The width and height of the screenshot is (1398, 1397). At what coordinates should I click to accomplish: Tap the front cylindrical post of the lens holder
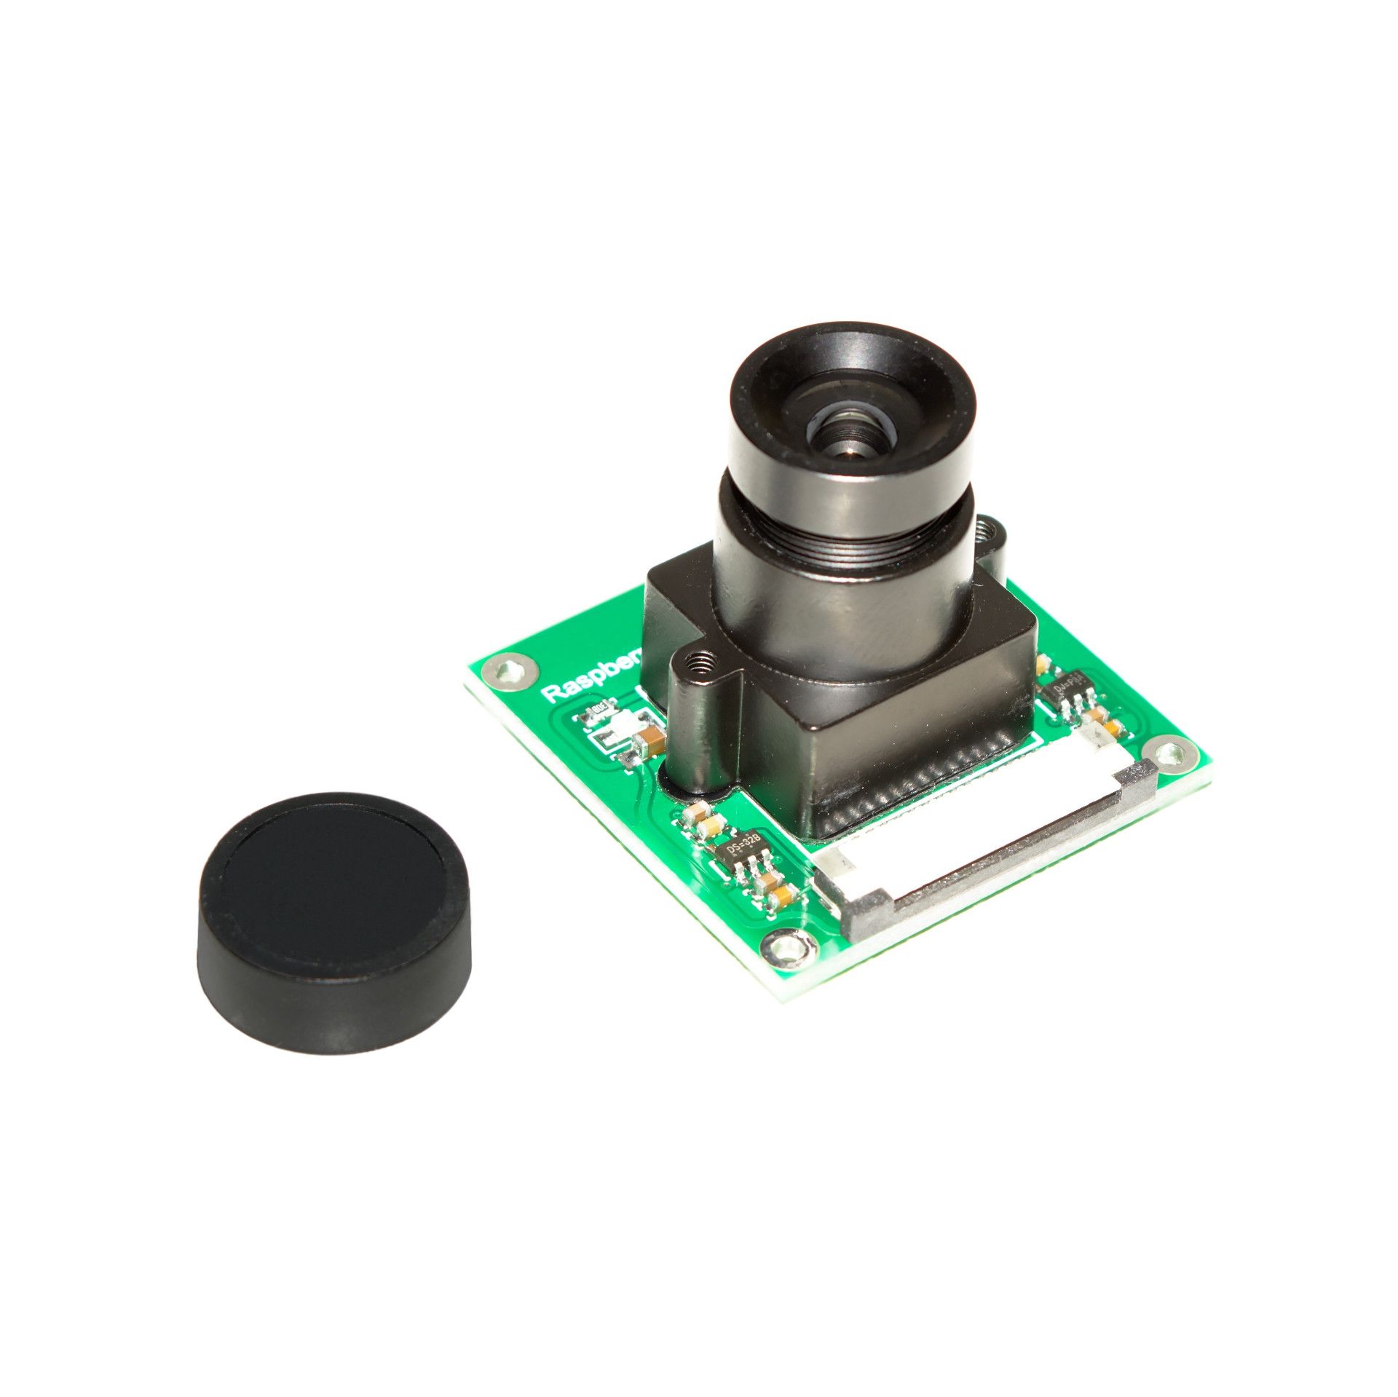tap(698, 728)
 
